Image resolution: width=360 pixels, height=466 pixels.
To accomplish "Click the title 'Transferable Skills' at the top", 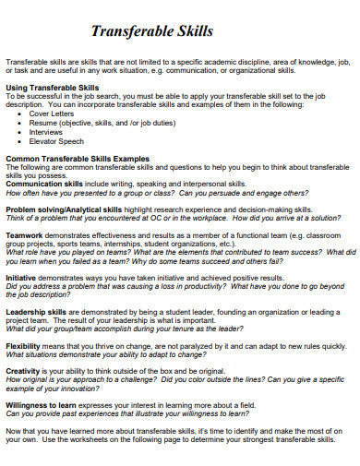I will [x=152, y=31].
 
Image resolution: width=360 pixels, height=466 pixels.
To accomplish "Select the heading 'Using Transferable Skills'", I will [x=52, y=87].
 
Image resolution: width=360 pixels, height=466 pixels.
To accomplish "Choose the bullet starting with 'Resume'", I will [x=86, y=122].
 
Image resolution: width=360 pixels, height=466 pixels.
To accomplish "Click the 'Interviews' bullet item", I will [x=46, y=130].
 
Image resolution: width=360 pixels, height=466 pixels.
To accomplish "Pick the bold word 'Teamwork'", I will [x=25, y=235].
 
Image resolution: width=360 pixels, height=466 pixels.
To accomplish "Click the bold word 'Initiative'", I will [x=24, y=276].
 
